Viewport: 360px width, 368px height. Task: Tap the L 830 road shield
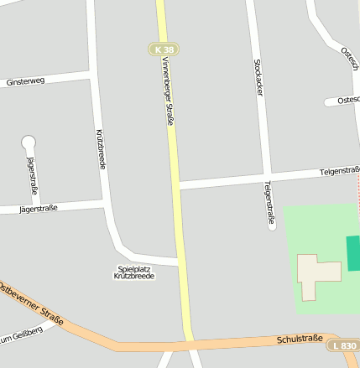tap(345, 345)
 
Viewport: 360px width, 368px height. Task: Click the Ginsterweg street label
tap(24, 82)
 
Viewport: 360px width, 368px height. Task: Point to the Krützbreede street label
tap(102, 149)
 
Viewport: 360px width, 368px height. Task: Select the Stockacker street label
tap(258, 77)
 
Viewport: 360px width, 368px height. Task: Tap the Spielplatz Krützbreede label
tap(135, 272)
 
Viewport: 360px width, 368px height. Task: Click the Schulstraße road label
tap(300, 339)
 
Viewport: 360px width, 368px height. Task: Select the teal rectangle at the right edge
tap(353, 253)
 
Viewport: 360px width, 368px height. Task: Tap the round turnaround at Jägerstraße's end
tap(29, 143)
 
